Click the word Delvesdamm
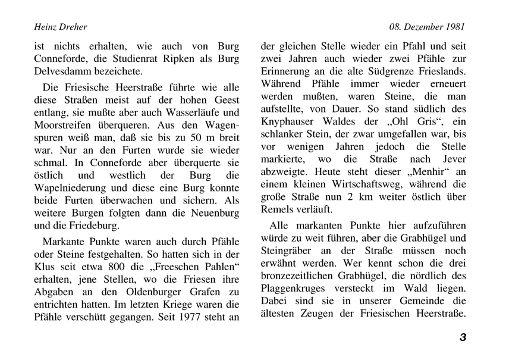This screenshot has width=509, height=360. tap(62, 71)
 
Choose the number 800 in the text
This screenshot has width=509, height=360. tap(117, 265)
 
